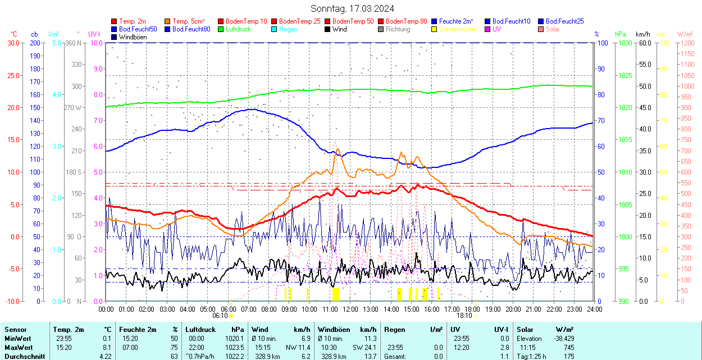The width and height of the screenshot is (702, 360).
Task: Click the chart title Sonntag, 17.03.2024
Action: coord(352,8)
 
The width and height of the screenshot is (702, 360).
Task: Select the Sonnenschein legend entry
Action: coord(459,29)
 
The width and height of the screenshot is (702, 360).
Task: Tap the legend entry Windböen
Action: coord(132,37)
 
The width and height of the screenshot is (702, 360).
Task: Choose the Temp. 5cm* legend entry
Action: coord(189,21)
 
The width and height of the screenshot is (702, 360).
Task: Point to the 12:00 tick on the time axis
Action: coord(350,309)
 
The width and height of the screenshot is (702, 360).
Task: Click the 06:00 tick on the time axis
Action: coord(228,309)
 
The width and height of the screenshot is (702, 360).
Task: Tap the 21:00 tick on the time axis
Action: coord(534,309)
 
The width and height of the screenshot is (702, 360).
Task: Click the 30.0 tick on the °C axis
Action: coord(12,43)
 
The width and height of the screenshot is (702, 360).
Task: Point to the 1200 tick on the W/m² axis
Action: coord(687,43)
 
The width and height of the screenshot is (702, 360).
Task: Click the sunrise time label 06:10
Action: coord(220,316)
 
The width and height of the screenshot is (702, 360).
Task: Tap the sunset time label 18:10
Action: coord(464,316)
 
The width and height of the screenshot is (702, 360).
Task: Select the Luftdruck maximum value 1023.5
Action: coord(235,348)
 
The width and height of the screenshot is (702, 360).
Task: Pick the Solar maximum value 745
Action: coord(569,348)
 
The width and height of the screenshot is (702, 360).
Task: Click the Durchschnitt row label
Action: coord(22,356)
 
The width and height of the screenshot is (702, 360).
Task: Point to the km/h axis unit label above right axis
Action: coord(643,34)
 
